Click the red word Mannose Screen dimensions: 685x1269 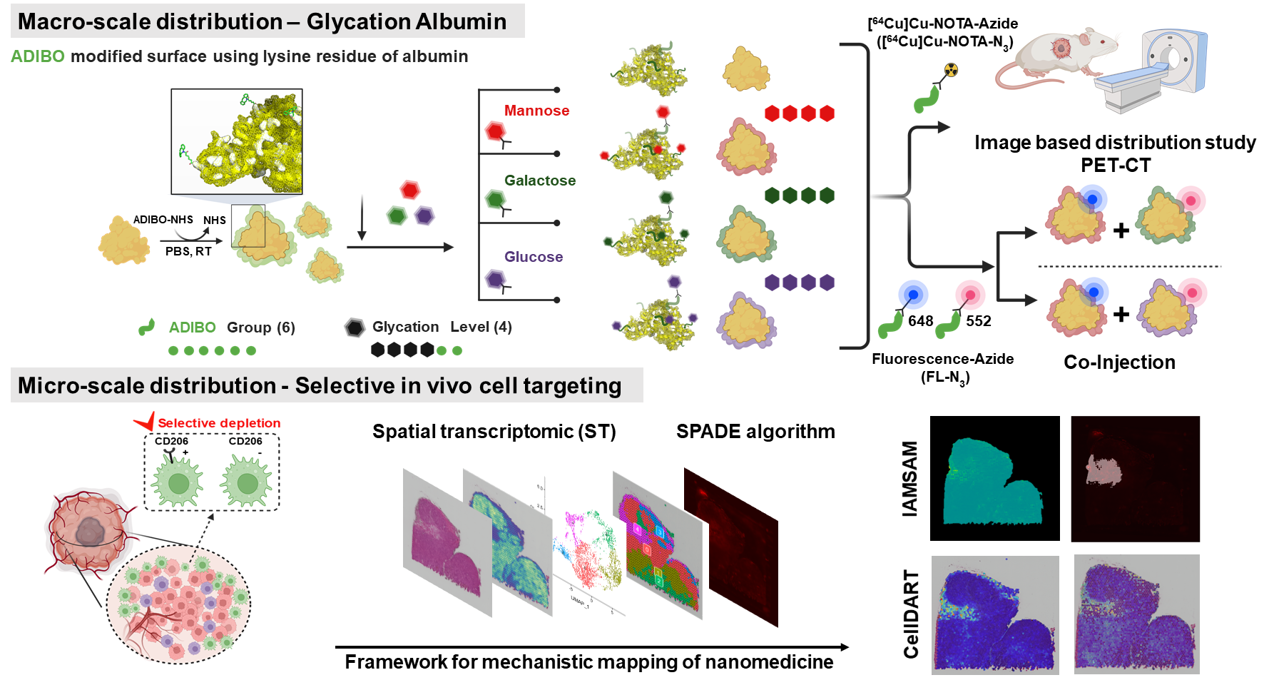point(536,111)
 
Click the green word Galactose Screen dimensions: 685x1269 point(539,181)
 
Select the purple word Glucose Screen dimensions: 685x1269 point(533,257)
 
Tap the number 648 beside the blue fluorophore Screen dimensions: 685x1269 point(920,321)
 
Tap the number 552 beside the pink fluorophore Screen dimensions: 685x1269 point(978,321)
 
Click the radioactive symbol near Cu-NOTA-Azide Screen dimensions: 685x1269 point(951,70)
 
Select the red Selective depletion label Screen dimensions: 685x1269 point(218,423)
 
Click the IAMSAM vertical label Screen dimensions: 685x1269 point(909,478)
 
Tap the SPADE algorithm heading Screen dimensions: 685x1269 point(755,432)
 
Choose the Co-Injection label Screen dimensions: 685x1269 point(1118,362)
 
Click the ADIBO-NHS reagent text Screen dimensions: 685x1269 point(163,220)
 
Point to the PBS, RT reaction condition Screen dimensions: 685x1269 point(188,251)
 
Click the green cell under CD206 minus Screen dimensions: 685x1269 point(247,483)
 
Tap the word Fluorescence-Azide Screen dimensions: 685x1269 point(942,359)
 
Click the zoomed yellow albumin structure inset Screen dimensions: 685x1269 point(237,141)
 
